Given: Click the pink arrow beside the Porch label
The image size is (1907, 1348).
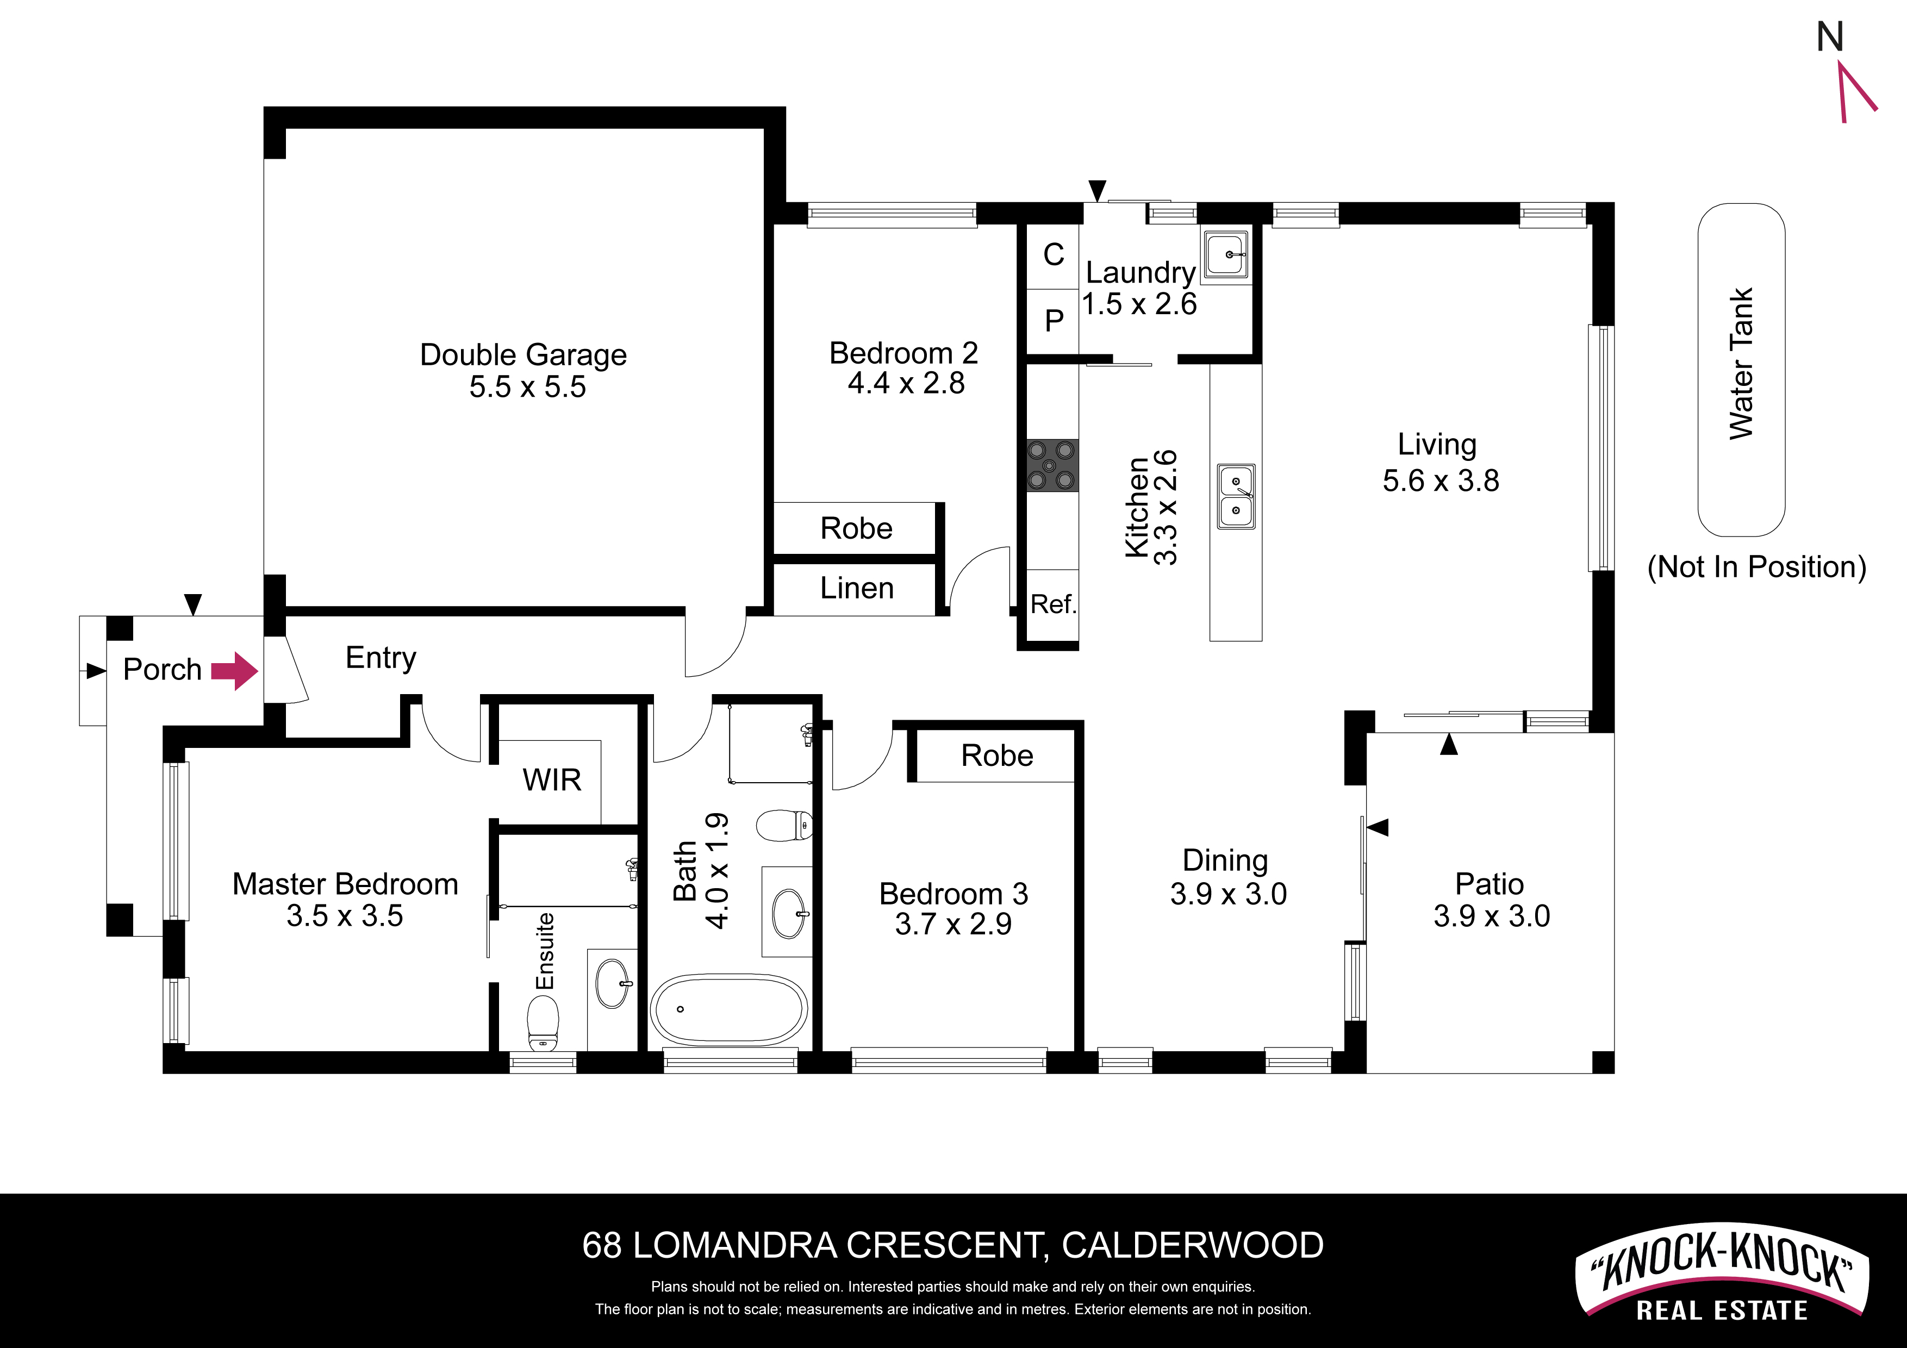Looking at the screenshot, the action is (235, 670).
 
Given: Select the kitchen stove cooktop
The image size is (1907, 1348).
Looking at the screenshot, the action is (1052, 465).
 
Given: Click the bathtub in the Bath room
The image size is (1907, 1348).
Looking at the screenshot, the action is (728, 1009).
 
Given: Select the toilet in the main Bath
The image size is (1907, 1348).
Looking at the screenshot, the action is (784, 826).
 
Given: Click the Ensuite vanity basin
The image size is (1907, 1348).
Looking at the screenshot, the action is (614, 983).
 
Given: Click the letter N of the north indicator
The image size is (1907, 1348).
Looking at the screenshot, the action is (1830, 38).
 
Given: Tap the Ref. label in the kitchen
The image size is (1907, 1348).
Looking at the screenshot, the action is (1053, 604).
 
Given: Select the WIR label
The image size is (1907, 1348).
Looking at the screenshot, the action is (552, 780).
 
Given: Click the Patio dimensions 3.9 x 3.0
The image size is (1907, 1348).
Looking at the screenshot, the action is (1491, 916).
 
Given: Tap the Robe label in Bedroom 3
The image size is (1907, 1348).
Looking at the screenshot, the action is (996, 756).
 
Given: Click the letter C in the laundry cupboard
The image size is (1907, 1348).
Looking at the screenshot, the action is (1053, 254).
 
